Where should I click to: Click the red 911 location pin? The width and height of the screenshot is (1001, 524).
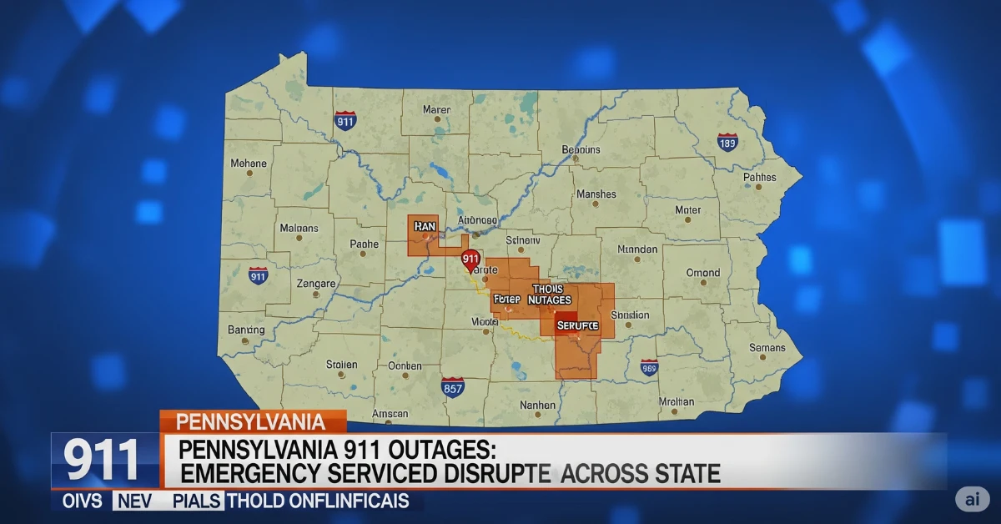(470, 259)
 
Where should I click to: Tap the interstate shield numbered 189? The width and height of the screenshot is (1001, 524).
(727, 143)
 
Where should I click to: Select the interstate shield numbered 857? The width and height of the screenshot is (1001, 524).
(452, 387)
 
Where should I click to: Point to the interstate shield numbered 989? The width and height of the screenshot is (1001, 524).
(649, 367)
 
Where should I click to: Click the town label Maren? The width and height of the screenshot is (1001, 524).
(436, 109)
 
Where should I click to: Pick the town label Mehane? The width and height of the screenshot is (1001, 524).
(249, 164)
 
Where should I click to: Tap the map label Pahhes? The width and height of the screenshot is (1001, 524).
(759, 177)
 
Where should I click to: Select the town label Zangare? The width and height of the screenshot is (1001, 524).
(316, 284)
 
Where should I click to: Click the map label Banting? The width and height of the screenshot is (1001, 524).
(246, 330)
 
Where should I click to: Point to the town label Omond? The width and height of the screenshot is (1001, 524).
(702, 273)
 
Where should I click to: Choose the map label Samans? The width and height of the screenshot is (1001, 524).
(767, 347)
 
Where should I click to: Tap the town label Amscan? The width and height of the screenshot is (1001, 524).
(390, 413)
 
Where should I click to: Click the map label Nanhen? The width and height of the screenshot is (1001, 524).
(537, 405)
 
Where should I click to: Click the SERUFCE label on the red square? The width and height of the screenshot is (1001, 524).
(577, 324)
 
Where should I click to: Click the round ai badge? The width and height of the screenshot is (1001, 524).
(972, 498)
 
